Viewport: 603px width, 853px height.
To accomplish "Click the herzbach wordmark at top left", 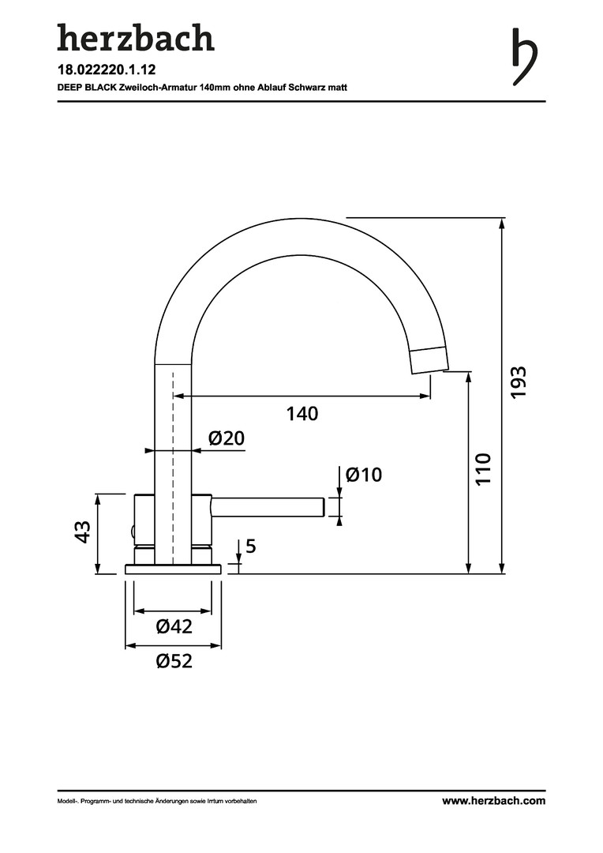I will click(135, 38).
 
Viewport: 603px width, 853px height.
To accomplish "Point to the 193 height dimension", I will click(518, 381).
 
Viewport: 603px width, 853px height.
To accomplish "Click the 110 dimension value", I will click(484, 468).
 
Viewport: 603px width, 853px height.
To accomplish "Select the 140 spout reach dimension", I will click(301, 413).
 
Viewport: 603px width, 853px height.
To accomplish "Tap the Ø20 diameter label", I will click(226, 438).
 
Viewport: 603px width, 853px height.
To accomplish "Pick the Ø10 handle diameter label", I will click(363, 475).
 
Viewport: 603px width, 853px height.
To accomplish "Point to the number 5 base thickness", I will click(251, 546).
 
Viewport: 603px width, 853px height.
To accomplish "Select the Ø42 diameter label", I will click(174, 627).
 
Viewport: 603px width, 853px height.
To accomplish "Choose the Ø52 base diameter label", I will click(174, 662).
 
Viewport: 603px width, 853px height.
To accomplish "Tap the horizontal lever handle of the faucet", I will click(268, 507).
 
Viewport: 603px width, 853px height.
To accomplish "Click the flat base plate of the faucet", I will click(173, 569).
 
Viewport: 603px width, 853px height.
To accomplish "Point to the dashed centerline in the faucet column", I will click(173, 458).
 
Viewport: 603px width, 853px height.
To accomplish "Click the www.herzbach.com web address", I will click(493, 801).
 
